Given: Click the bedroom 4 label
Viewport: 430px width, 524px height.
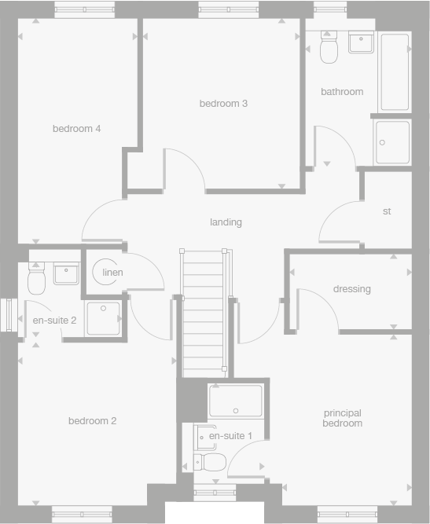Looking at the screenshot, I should [x=76, y=129].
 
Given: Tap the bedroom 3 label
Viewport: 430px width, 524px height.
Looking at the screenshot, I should [x=223, y=104].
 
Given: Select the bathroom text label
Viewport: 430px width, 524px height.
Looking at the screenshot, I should [x=342, y=92].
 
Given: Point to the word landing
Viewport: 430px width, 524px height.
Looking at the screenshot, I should [x=226, y=222].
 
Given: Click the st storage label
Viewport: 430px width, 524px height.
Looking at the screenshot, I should [x=387, y=211].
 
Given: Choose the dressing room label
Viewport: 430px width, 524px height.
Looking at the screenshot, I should [x=351, y=289].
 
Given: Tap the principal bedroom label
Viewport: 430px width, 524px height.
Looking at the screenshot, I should [x=342, y=418].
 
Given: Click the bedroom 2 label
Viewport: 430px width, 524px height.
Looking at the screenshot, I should [x=92, y=421].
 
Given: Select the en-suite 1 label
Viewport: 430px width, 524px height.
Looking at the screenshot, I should [x=230, y=435].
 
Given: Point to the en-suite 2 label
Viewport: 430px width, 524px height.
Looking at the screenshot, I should [x=54, y=321].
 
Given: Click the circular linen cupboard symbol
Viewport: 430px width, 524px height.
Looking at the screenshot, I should [x=108, y=273].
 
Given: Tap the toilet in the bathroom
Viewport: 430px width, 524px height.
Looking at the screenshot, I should [x=329, y=49].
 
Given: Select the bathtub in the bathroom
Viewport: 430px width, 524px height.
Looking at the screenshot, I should [x=394, y=71].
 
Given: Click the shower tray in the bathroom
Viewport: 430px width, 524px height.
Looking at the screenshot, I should [x=392, y=142].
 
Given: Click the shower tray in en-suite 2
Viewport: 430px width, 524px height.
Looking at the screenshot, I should [x=103, y=319].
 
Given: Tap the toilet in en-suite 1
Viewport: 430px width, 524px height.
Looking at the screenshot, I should [x=211, y=461].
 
